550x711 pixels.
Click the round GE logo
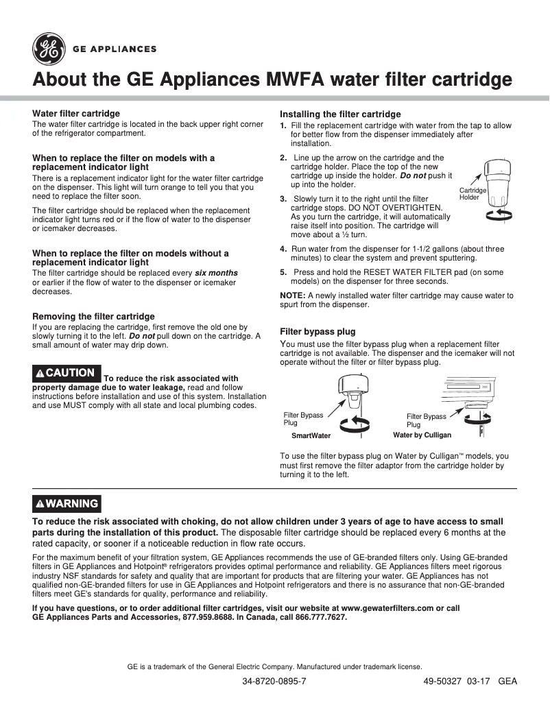49,49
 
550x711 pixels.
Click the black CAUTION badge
67,373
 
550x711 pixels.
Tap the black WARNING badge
67,503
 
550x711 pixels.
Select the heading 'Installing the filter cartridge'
340,114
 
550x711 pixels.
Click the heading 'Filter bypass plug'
318,332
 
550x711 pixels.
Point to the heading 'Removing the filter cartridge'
94,317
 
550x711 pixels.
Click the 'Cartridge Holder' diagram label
473,193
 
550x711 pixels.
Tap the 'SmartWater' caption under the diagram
311,435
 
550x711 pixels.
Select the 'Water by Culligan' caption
422,435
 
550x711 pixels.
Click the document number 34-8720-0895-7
274,682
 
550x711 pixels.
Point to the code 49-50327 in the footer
442,682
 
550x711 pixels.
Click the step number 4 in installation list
283,249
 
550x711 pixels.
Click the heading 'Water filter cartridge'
76,113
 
